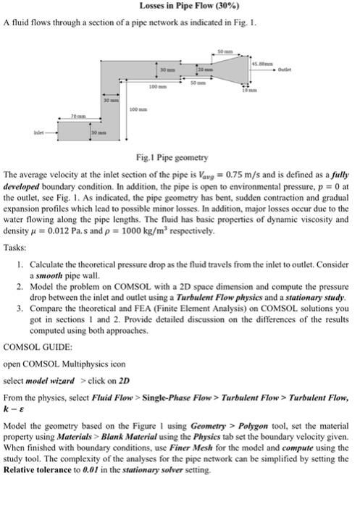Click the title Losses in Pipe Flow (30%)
(180, 7)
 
